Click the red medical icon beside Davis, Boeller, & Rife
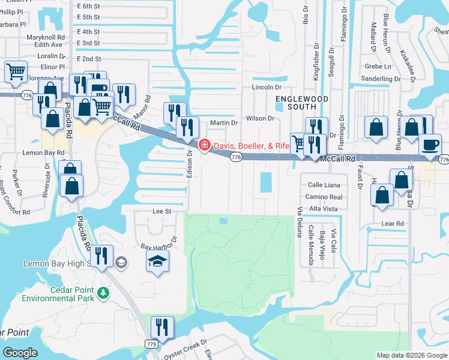coord(205,145)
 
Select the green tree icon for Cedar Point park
coord(104,292)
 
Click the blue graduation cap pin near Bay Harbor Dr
coord(157,262)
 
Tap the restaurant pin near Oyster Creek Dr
coord(161,328)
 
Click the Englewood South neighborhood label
coord(294,103)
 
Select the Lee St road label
coord(162,211)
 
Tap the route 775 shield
coord(151,343)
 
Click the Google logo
coord(20,353)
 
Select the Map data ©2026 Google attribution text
coord(412,355)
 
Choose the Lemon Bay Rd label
coord(43,153)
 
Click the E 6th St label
coord(89,5)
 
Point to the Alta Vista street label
coord(323,208)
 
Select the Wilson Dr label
coord(259,118)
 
